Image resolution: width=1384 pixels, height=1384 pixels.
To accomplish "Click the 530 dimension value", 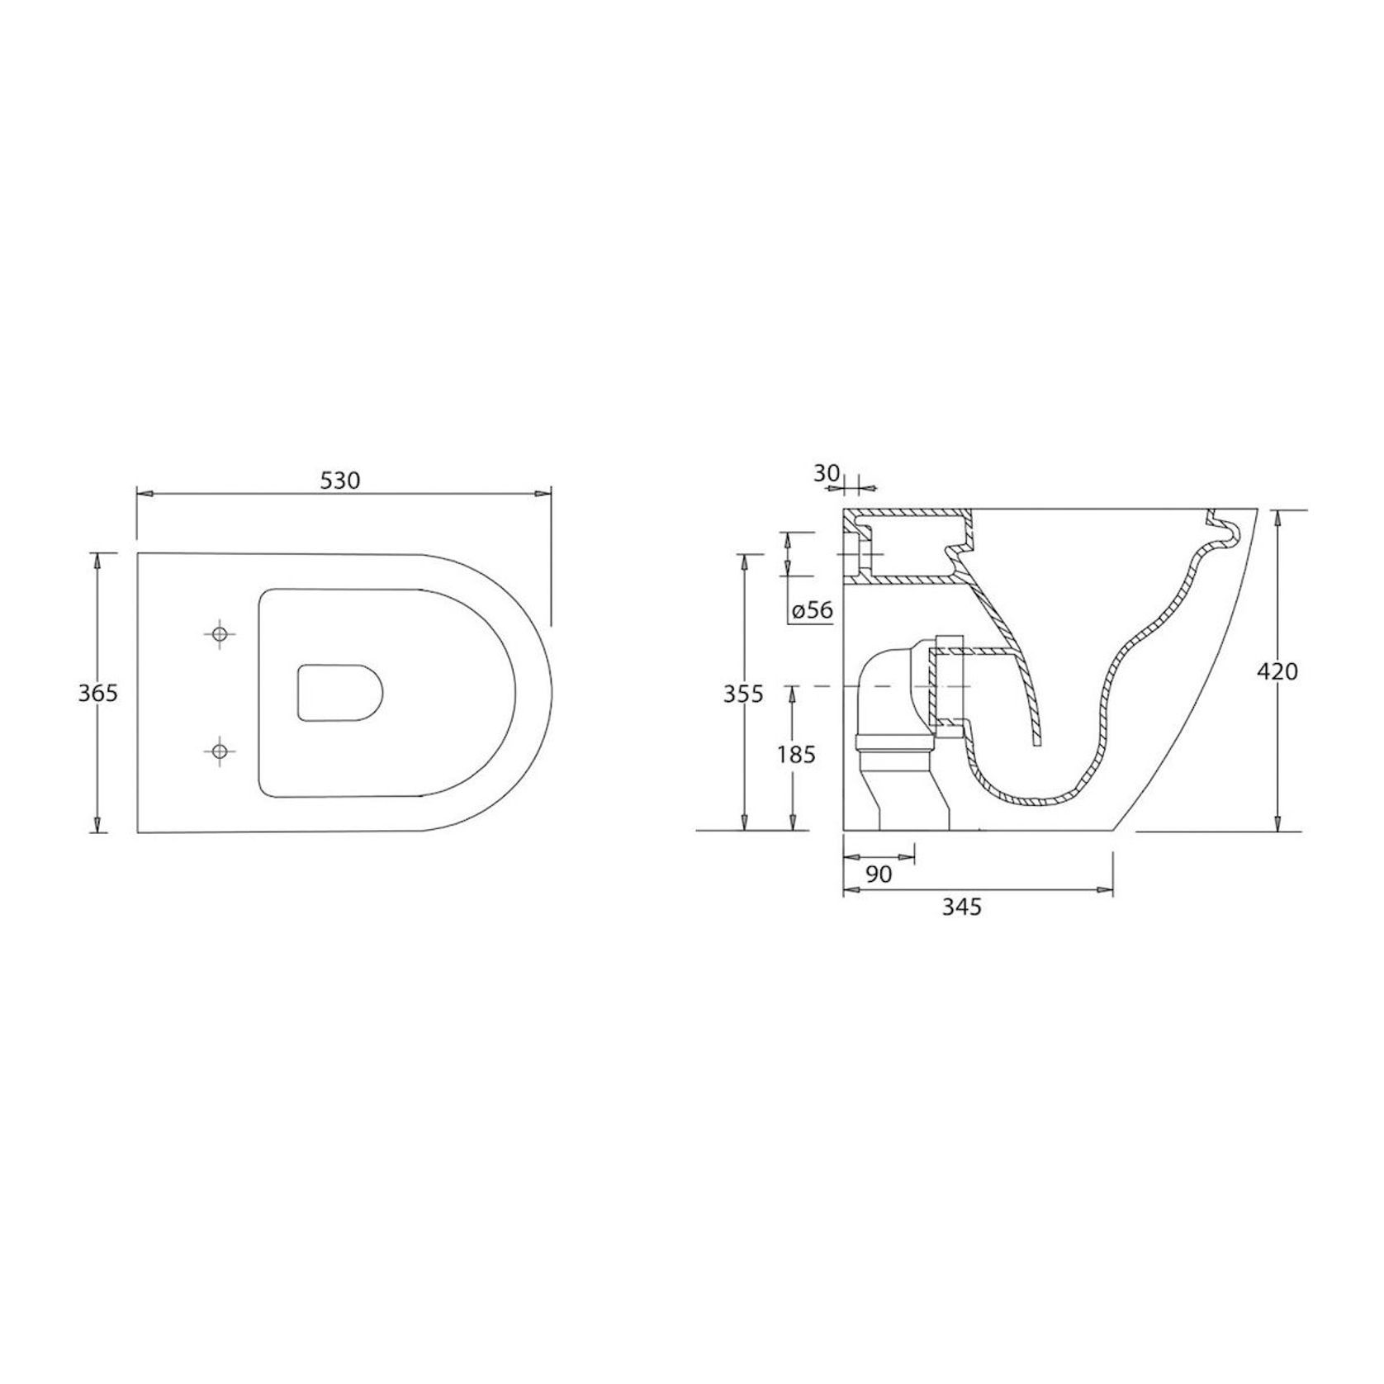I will (340, 480).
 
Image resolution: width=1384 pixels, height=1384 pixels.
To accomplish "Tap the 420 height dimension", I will (1277, 671).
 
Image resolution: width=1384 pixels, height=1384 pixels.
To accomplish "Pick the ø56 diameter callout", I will (812, 611).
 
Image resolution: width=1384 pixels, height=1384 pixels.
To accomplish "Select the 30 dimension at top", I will (826, 473).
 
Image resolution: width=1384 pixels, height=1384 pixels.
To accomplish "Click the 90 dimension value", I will (879, 874).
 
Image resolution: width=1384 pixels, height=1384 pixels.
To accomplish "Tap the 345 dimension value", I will (962, 907).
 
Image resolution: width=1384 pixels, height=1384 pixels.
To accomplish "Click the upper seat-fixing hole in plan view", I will (219, 634).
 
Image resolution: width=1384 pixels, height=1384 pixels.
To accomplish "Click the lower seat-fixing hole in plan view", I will (219, 751).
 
